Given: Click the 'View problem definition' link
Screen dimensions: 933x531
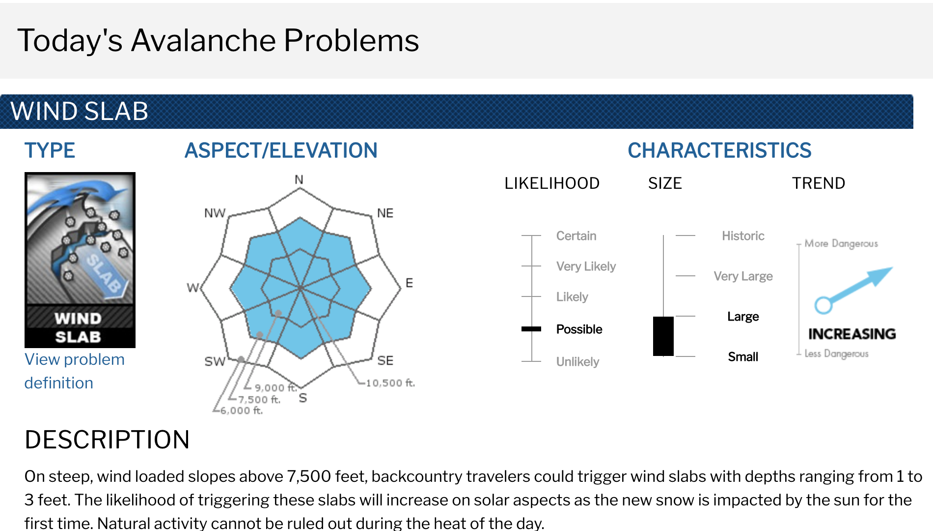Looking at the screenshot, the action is [74, 371].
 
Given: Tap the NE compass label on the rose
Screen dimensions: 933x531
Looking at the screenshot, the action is [385, 213].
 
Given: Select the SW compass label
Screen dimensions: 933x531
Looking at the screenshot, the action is [215, 361].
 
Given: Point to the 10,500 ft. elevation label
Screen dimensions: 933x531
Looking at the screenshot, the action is [390, 383].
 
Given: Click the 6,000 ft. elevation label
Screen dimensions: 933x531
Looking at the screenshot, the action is [241, 410].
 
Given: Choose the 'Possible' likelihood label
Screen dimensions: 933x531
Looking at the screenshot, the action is [579, 329].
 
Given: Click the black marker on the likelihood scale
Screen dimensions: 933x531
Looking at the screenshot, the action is [531, 329].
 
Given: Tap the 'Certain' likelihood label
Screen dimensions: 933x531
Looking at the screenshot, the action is [576, 236].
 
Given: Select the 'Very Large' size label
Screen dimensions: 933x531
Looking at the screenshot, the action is [743, 276].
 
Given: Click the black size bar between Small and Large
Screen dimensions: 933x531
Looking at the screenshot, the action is [663, 336].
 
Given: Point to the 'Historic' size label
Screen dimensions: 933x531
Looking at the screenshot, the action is [743, 236].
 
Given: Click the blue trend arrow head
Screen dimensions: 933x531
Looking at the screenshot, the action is [881, 275].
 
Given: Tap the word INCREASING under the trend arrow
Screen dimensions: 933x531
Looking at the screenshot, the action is [852, 334].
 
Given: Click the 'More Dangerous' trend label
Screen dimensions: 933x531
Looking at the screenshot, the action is [841, 243].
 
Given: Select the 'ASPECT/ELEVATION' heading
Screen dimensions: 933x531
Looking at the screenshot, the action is [281, 150].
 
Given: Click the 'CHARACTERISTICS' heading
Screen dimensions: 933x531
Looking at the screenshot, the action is [719, 150].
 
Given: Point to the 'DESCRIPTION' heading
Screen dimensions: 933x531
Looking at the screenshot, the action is [107, 440].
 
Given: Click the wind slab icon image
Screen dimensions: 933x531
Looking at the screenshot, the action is [80, 260].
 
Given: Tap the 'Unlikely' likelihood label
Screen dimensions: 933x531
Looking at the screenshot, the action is [577, 362].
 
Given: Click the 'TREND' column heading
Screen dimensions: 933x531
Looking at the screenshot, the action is [819, 183].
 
